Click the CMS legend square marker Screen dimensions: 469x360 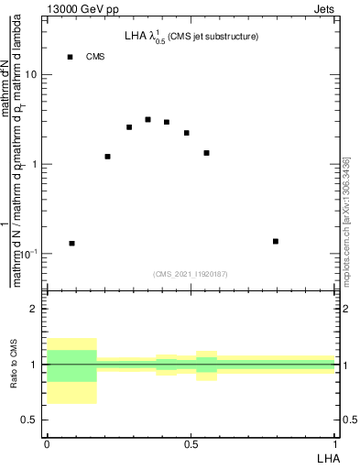click(70, 57)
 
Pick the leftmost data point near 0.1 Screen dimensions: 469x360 click(71, 244)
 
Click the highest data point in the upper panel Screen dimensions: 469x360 click(147, 120)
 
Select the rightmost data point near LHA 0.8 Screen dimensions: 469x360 click(276, 241)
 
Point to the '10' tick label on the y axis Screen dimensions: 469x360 click(32, 76)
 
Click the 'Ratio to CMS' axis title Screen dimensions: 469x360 click(15, 365)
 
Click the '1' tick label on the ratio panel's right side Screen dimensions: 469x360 click(344, 365)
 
